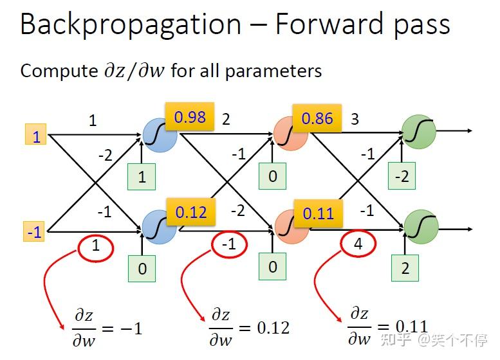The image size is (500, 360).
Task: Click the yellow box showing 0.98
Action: pyautogui.click(x=190, y=116)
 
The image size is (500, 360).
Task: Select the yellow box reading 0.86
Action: pyautogui.click(x=317, y=118)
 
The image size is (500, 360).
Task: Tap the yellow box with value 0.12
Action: pyautogui.click(x=191, y=212)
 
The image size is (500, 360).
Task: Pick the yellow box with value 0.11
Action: pyautogui.click(x=319, y=213)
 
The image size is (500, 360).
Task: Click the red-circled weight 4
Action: pyautogui.click(x=358, y=244)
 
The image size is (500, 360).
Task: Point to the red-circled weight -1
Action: pyautogui.click(x=229, y=244)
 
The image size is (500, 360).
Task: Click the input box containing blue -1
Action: pyautogui.click(x=34, y=231)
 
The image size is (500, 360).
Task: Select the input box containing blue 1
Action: pyautogui.click(x=36, y=134)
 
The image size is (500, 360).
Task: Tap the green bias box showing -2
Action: pyautogui.click(x=402, y=176)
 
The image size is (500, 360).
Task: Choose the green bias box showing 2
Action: pyautogui.click(x=405, y=268)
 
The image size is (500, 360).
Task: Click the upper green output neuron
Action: pyautogui.click(x=419, y=132)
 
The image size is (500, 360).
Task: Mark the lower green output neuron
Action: pyautogui.click(x=421, y=227)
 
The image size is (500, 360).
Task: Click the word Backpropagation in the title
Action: pyautogui.click(x=131, y=25)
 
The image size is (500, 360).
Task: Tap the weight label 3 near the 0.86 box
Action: pyautogui.click(x=355, y=119)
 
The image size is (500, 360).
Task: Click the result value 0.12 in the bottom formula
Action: pyautogui.click(x=273, y=327)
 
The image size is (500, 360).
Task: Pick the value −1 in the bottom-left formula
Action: pyautogui.click(x=131, y=328)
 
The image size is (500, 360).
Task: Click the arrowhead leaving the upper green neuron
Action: pyautogui.click(x=470, y=130)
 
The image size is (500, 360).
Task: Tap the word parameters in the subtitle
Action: pyautogui.click(x=273, y=71)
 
